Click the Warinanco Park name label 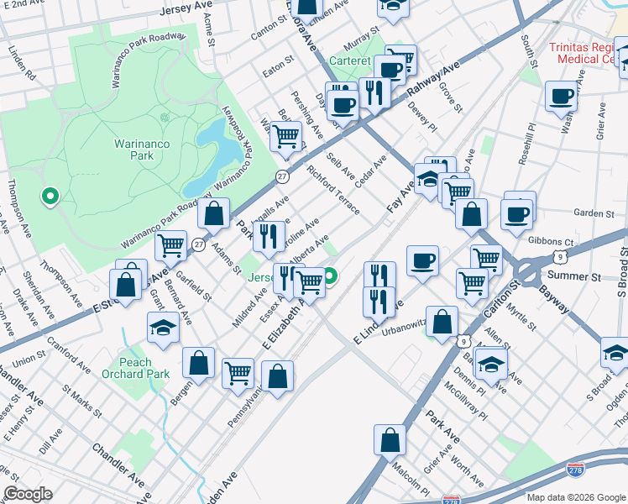(142, 150)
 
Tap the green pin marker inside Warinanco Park (50, 197)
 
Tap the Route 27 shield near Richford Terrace (283, 176)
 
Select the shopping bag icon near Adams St (214, 214)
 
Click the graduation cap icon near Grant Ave (163, 328)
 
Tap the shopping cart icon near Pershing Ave (286, 136)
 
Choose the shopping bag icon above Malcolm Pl (390, 439)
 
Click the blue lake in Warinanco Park (210, 155)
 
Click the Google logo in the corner (28, 493)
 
